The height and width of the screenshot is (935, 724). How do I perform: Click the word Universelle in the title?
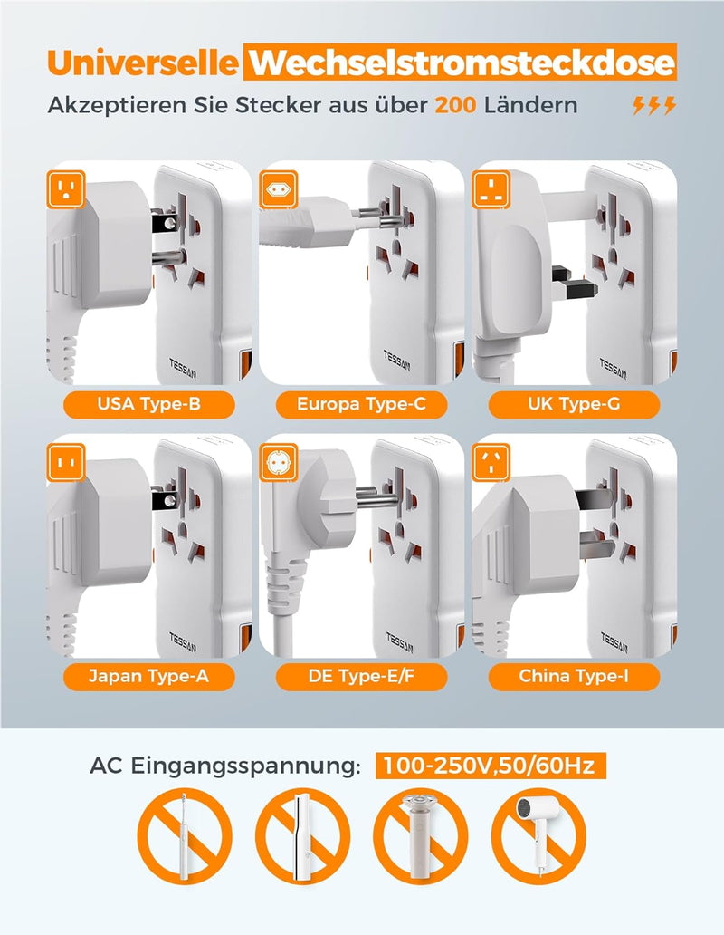(x=143, y=63)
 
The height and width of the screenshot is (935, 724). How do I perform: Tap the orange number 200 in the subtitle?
(x=455, y=105)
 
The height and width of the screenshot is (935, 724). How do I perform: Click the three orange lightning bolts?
(x=653, y=105)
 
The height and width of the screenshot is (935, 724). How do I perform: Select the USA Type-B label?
(x=148, y=404)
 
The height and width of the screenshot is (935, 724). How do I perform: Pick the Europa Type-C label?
(x=361, y=404)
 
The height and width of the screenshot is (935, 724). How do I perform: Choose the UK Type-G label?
(x=574, y=404)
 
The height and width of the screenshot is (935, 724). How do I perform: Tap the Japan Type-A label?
(x=148, y=676)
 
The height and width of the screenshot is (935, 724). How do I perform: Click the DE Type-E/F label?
(x=361, y=676)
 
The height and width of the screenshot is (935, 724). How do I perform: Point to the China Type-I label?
(x=574, y=676)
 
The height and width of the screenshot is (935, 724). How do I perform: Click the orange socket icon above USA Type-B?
(x=66, y=189)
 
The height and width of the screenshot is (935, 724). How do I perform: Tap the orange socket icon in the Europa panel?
(x=279, y=189)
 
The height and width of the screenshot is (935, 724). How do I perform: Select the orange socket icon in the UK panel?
(x=491, y=189)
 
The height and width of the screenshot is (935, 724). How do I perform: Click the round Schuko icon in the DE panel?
(x=279, y=462)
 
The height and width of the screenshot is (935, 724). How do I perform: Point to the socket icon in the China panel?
(x=491, y=462)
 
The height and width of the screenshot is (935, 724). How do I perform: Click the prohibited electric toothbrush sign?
(x=184, y=835)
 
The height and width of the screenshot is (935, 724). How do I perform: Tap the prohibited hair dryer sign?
(x=538, y=835)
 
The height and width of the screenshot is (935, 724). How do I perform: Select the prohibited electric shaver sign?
(x=420, y=835)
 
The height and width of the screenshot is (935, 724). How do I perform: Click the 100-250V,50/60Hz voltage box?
(x=491, y=766)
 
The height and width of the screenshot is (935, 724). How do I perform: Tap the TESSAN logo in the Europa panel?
(x=396, y=361)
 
